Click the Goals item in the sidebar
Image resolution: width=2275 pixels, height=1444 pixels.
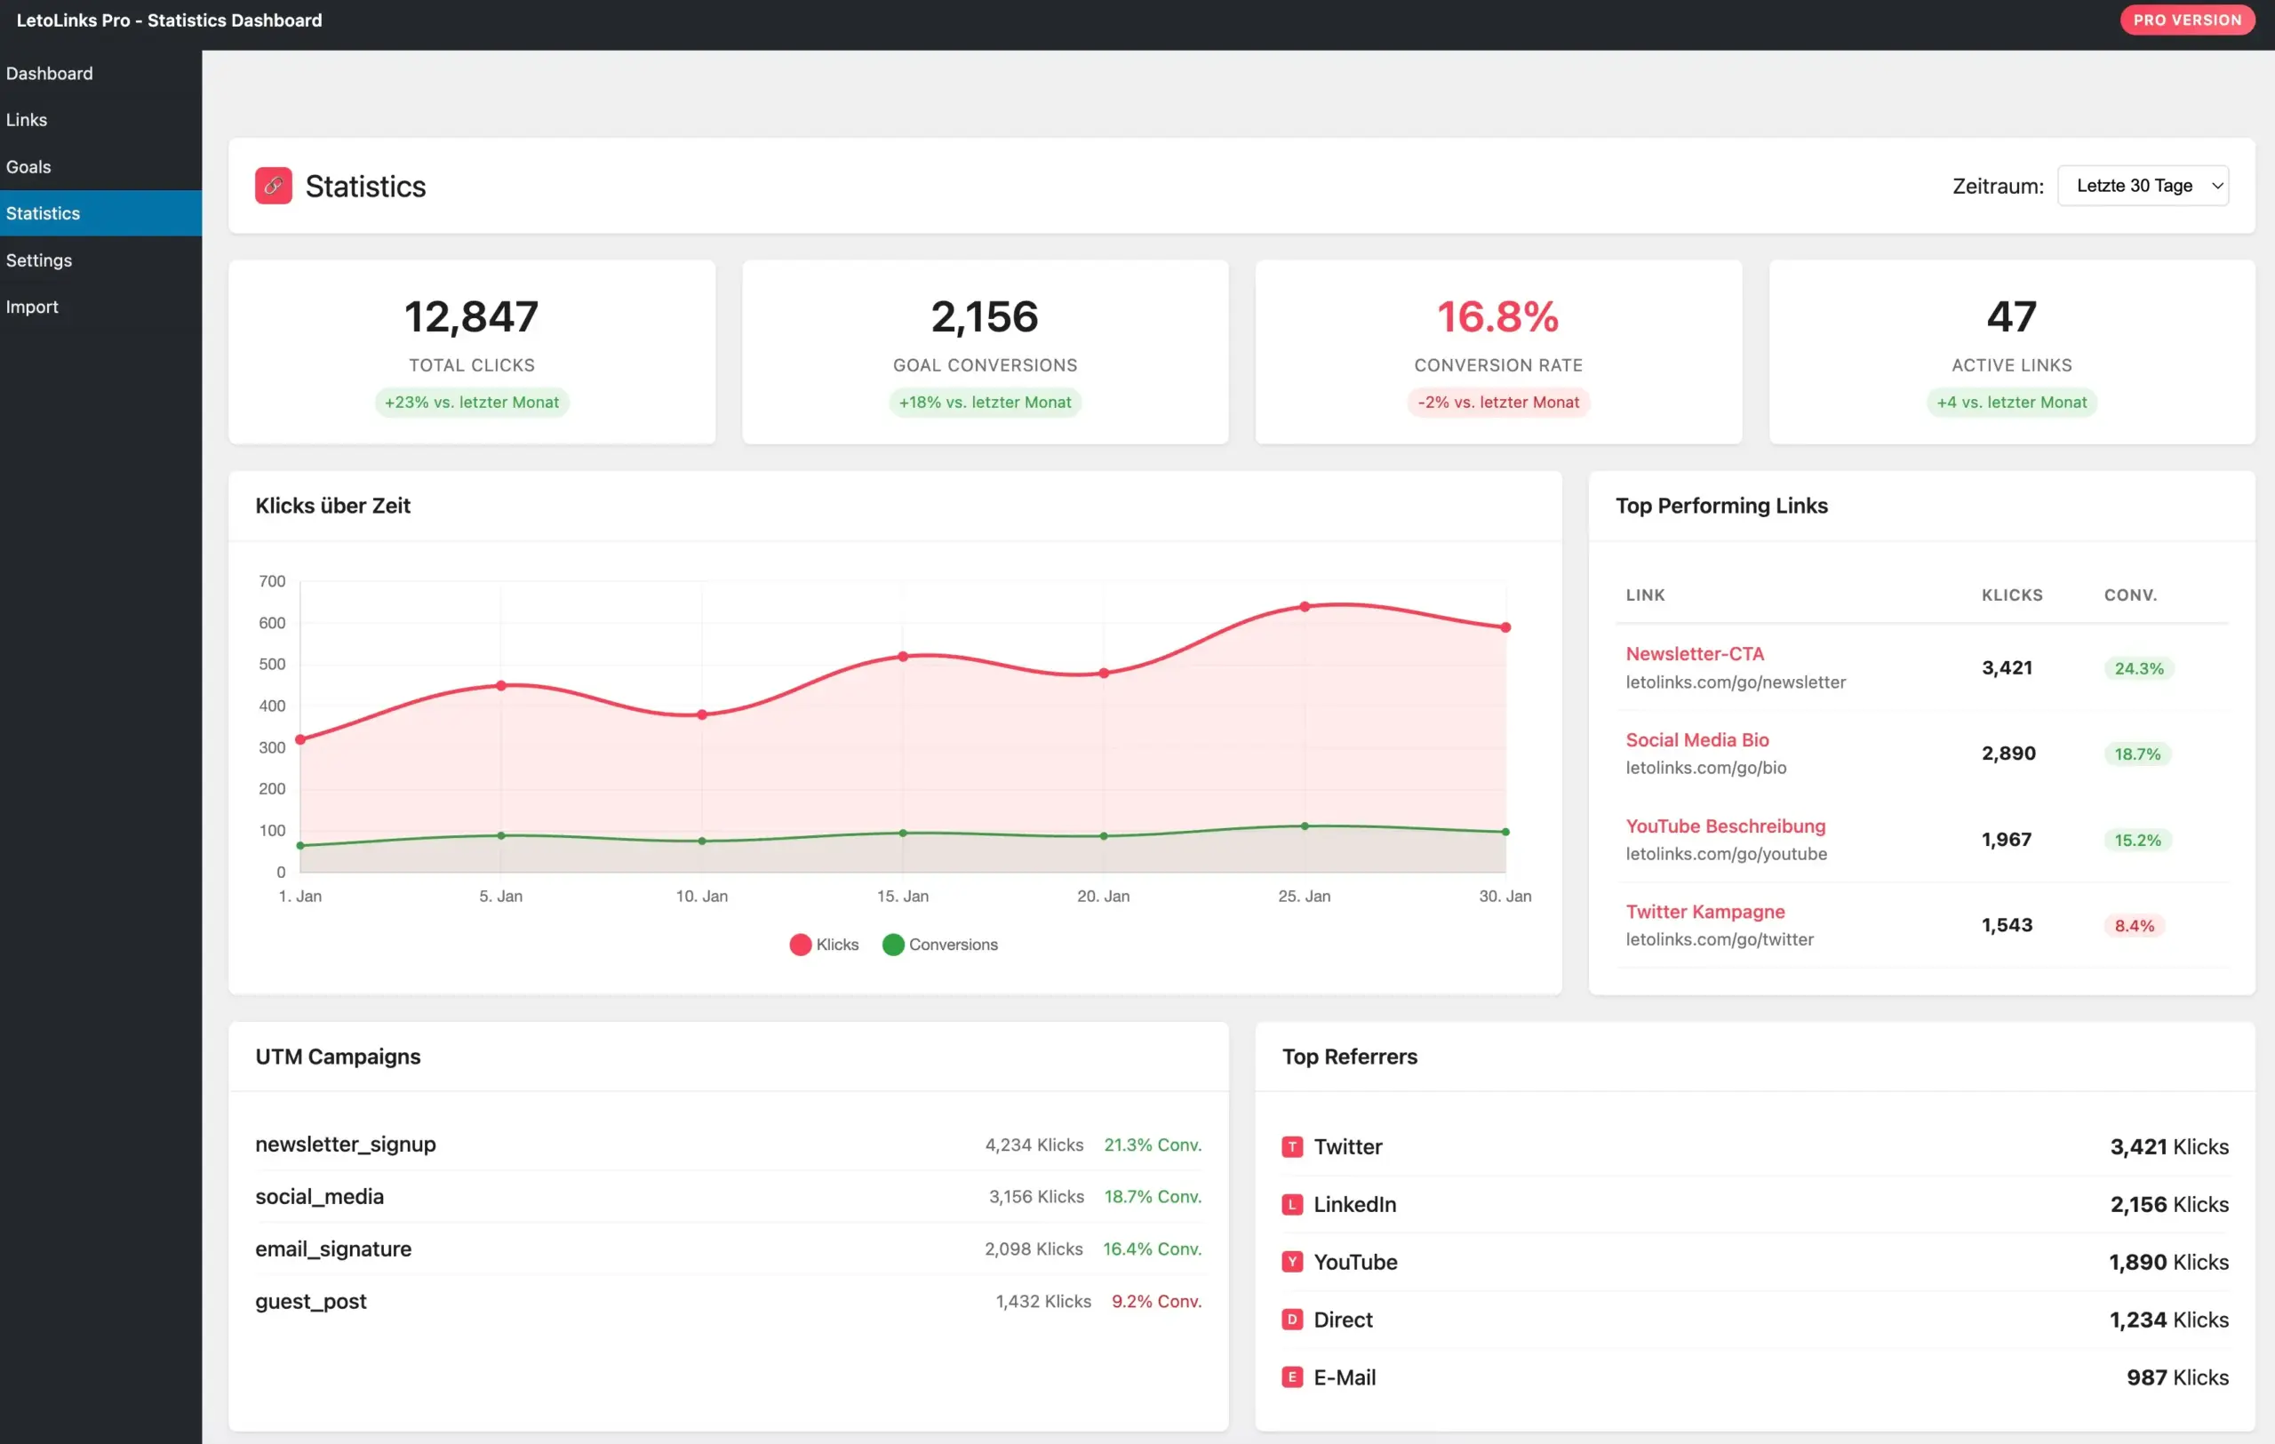[28, 167]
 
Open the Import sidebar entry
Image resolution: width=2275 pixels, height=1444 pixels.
[32, 307]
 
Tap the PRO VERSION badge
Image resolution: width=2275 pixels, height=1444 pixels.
[2186, 20]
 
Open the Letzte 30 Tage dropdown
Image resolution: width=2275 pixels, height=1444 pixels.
[2143, 186]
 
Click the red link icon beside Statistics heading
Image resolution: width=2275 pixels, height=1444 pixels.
[273, 186]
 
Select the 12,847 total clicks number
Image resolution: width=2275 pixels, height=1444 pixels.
[471, 316]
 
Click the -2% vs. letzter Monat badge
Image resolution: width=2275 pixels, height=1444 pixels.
[1497, 403]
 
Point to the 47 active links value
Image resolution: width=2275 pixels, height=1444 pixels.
[2011, 316]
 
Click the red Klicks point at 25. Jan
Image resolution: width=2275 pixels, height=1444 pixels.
[1305, 607]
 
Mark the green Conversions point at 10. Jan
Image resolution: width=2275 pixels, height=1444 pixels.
[702, 842]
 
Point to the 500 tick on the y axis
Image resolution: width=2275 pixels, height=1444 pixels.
[272, 665]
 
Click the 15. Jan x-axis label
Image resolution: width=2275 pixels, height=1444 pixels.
[902, 897]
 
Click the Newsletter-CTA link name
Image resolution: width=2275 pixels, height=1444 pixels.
[1694, 653]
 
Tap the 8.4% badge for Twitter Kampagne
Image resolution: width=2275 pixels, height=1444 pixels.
[2134, 926]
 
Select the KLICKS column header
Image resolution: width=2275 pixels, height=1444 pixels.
[2011, 595]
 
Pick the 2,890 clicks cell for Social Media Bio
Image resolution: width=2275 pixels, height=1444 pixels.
[2008, 754]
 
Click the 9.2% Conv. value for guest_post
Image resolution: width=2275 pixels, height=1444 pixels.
[1155, 1302]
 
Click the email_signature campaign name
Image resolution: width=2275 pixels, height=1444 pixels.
[332, 1249]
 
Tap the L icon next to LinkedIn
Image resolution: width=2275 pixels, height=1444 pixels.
[1291, 1205]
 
